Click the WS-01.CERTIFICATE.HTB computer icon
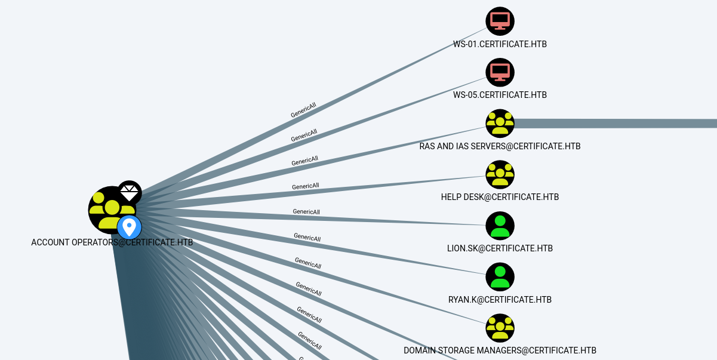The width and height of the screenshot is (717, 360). click(500, 21)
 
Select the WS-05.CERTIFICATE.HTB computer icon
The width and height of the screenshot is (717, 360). click(500, 72)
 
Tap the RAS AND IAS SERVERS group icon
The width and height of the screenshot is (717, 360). click(500, 124)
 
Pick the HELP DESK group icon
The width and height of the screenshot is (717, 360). click(500, 175)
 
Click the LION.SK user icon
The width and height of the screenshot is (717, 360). click(500, 226)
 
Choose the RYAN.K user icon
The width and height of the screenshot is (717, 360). click(500, 277)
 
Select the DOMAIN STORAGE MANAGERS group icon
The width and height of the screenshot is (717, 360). click(500, 328)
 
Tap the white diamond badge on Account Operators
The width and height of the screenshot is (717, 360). click(129, 192)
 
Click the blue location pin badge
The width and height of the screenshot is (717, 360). click(129, 227)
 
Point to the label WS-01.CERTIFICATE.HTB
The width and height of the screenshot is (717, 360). click(500, 44)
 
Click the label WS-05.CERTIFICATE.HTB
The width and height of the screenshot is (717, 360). click(500, 95)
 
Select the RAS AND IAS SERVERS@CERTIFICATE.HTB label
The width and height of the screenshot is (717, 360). click(500, 146)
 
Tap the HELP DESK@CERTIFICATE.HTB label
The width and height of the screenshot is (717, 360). click(500, 197)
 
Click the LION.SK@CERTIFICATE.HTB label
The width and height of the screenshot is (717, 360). click(500, 248)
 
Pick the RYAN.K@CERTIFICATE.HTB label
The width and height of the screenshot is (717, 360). click(500, 300)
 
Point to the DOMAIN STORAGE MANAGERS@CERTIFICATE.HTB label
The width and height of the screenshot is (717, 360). click(500, 350)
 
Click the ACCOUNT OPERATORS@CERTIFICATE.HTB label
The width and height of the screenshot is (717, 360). click(112, 242)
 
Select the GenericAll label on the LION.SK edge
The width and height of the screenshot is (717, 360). click(306, 212)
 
